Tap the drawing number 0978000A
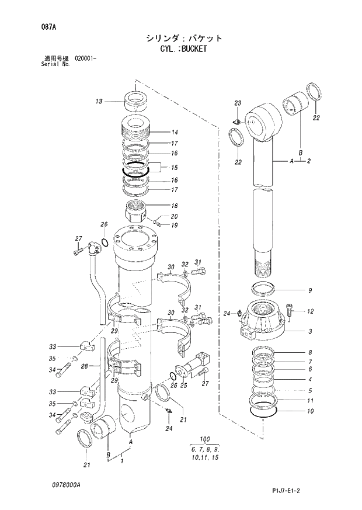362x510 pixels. click(x=66, y=485)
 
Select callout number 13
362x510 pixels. click(x=99, y=102)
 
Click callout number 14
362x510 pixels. click(x=174, y=132)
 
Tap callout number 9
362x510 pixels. click(x=310, y=290)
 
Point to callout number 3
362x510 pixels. click(x=310, y=331)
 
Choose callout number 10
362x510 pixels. click(x=310, y=411)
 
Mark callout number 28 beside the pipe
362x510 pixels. click(x=84, y=366)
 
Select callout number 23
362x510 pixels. click(x=238, y=103)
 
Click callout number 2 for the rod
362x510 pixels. click(x=308, y=161)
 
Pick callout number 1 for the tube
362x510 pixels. click(x=121, y=461)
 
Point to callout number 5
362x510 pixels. click(x=310, y=390)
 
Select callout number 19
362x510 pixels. click(x=174, y=225)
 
